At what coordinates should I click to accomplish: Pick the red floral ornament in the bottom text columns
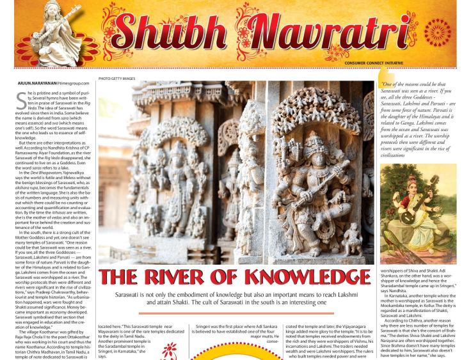click(x=170, y=350)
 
